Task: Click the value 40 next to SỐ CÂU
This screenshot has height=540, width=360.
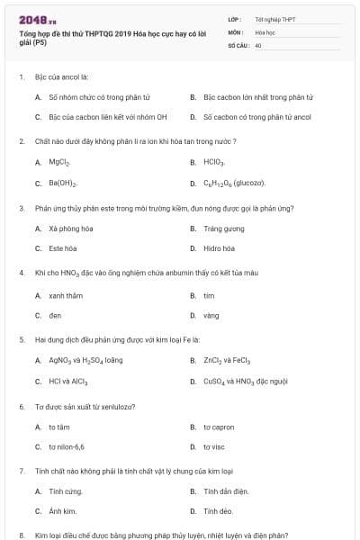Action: [258, 44]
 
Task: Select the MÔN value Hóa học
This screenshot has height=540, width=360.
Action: [265, 31]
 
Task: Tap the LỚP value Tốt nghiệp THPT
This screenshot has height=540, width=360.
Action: [275, 18]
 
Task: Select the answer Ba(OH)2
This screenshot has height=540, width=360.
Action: [62, 183]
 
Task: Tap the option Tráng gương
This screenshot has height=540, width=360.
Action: [221, 229]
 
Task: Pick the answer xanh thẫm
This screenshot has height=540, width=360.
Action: [65, 295]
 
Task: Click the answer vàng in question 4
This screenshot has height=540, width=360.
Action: [211, 316]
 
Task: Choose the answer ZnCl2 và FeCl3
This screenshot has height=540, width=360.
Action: [227, 362]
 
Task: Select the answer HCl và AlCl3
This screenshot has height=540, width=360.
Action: [67, 382]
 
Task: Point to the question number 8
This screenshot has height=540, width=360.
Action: [21, 535]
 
